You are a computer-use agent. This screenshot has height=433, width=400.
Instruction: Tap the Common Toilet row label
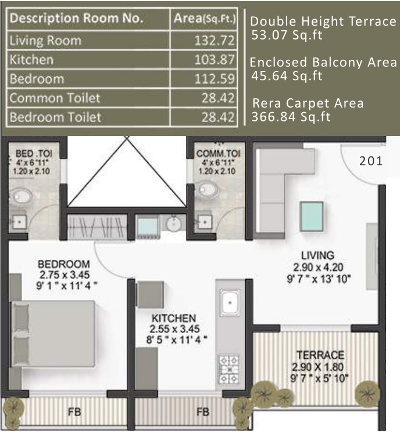click(x=55, y=98)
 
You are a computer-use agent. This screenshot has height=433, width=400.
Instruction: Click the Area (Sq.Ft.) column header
click(x=205, y=19)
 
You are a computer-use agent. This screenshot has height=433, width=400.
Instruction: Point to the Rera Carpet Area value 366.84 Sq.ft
click(x=291, y=117)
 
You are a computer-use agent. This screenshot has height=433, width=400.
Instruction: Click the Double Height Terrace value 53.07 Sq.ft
click(x=287, y=35)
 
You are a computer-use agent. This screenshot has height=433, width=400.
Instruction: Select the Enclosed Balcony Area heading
click(x=324, y=62)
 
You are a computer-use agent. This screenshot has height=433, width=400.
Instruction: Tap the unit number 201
click(x=371, y=161)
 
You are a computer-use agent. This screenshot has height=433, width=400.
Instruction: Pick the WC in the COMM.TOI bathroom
click(x=205, y=188)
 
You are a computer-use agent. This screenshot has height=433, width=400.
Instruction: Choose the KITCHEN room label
click(x=173, y=319)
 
